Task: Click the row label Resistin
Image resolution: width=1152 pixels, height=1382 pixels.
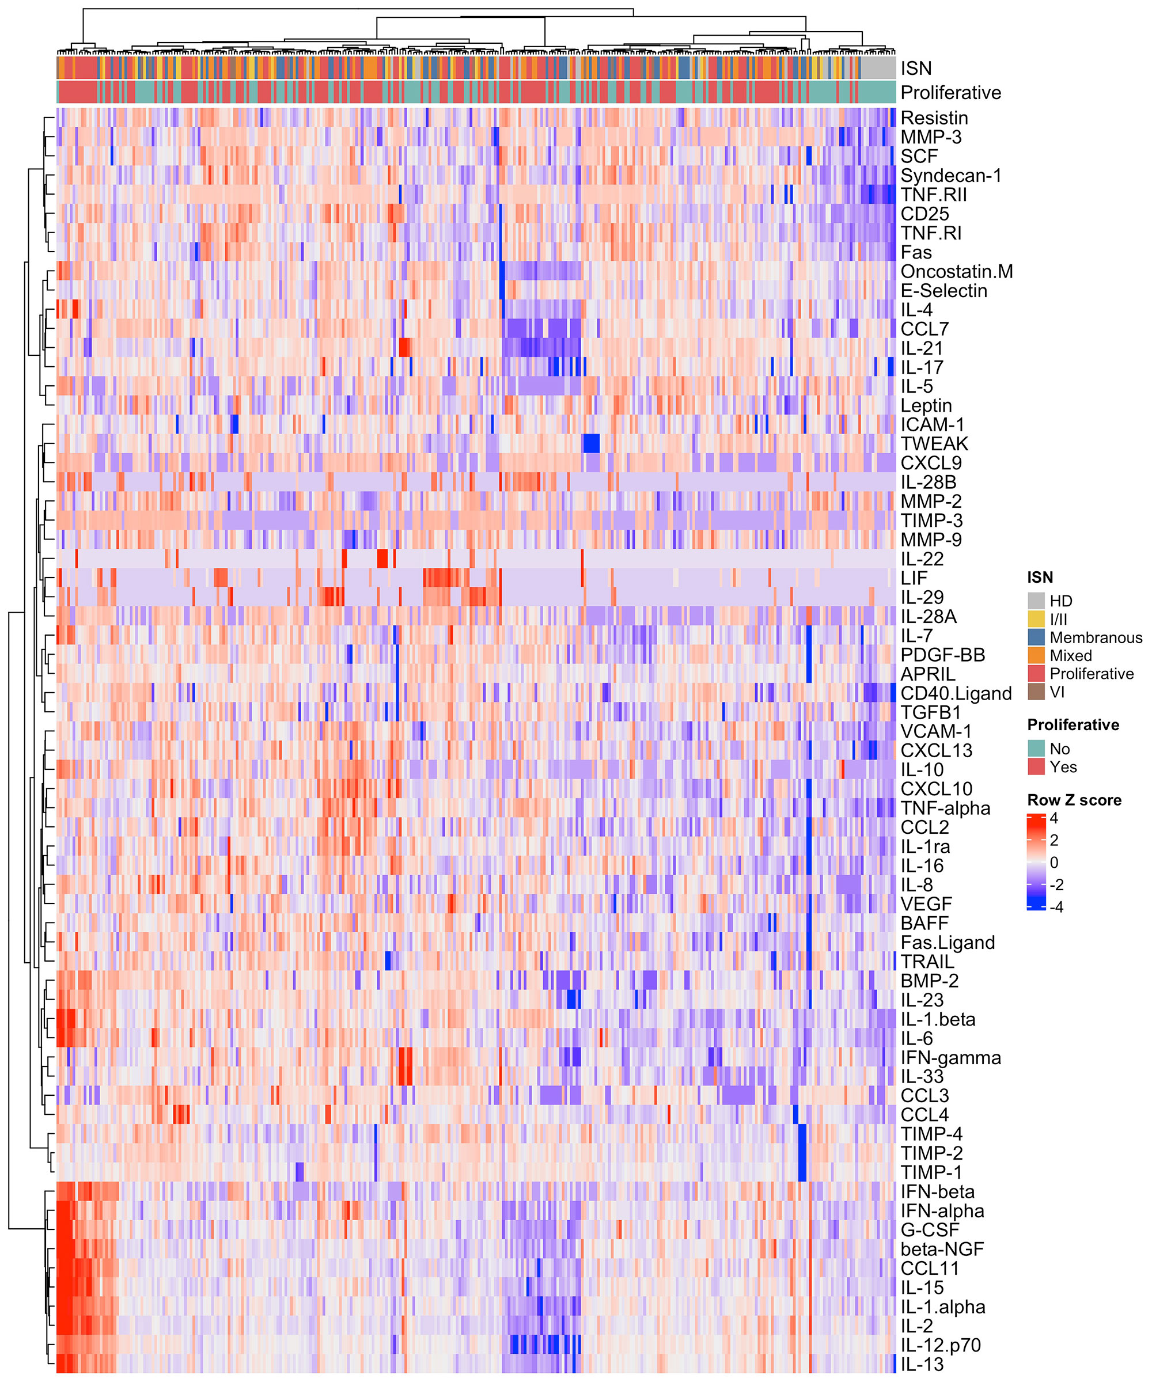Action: [x=934, y=119]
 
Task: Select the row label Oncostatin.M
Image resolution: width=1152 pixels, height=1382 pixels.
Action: [x=956, y=272]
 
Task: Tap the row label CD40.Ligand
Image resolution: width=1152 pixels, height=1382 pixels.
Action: [x=955, y=694]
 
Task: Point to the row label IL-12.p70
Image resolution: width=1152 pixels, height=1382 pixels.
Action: [x=940, y=1345]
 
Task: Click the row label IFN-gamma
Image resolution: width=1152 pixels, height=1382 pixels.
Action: [x=950, y=1058]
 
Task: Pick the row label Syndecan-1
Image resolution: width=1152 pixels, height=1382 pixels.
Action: [x=950, y=176]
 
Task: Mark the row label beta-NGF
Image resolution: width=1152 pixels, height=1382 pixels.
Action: [x=941, y=1249]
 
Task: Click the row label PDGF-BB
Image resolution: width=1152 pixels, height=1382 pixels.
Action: [x=942, y=655]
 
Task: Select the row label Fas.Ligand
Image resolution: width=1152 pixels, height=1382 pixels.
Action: [x=948, y=943]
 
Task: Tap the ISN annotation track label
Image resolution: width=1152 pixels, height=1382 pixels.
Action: [x=916, y=69]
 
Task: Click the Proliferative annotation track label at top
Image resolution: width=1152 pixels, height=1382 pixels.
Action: [x=950, y=93]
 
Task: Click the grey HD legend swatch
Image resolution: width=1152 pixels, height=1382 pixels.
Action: [x=1036, y=601]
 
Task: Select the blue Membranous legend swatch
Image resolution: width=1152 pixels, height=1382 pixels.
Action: [x=1036, y=637]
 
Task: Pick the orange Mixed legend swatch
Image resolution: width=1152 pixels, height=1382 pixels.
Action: [x=1036, y=655]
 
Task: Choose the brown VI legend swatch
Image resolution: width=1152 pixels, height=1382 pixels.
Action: [x=1036, y=692]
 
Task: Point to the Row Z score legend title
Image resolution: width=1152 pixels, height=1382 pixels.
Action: [x=1074, y=800]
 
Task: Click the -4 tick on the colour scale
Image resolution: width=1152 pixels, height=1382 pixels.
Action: [x=1056, y=907]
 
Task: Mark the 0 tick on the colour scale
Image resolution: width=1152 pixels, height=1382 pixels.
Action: [x=1054, y=863]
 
